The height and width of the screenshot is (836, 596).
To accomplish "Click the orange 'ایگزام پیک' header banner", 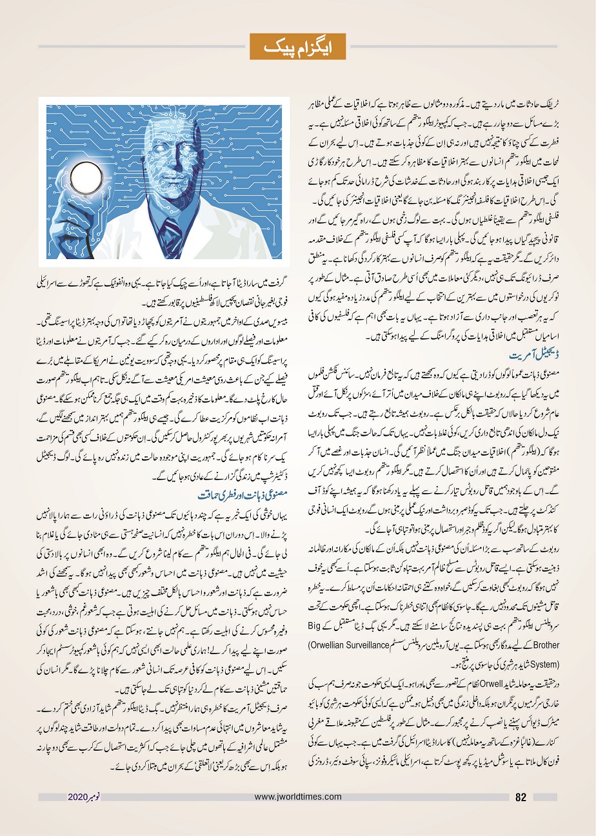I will (298, 46).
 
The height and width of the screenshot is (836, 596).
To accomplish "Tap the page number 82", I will (522, 797).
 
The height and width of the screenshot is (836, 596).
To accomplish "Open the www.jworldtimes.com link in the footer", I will (298, 797).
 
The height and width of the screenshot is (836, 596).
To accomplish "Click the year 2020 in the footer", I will (79, 797).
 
